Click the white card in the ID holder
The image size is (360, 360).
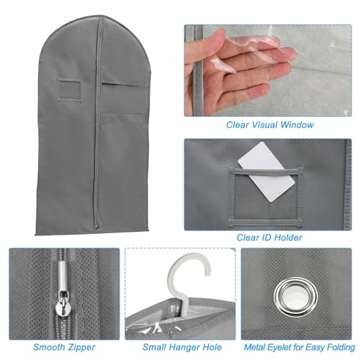click(266, 171)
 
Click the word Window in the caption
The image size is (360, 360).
click(297, 125)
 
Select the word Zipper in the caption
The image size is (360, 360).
click(81, 347)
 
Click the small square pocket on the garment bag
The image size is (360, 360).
click(69, 91)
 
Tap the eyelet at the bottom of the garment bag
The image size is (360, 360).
click(97, 228)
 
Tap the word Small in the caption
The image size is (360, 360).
click(155, 347)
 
